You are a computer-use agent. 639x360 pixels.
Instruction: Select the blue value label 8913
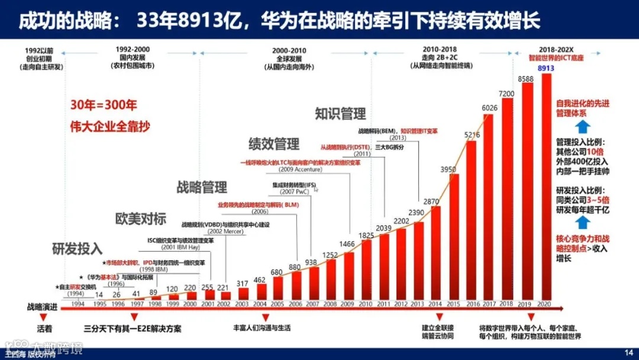click(x=546, y=69)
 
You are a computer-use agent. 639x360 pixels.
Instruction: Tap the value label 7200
click(x=508, y=94)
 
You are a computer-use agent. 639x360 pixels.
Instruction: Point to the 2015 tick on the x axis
click(x=454, y=304)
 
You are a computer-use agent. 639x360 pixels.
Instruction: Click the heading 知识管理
click(x=340, y=113)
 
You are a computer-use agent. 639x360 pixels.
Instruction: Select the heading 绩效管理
click(x=273, y=143)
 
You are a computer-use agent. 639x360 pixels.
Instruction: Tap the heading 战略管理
click(x=202, y=188)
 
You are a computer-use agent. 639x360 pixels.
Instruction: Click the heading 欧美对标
click(x=141, y=218)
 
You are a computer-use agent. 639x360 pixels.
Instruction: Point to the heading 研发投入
click(x=77, y=248)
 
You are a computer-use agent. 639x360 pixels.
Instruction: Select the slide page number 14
click(x=628, y=352)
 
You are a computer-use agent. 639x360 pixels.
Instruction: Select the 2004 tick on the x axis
click(x=259, y=304)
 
